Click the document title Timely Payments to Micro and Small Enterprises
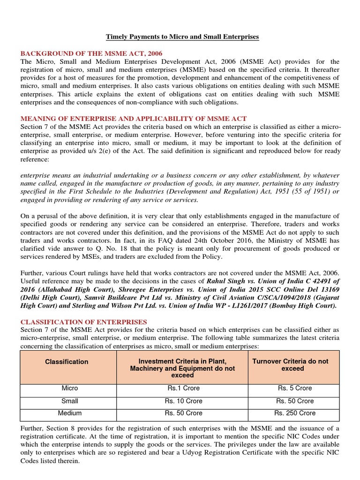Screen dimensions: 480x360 point(181,36)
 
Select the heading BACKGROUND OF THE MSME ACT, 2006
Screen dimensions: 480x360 point(91,53)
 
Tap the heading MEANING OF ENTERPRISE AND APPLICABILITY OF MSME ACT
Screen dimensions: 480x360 point(134,118)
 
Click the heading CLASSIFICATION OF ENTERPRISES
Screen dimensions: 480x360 point(83,322)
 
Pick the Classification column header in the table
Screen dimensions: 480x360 point(66,362)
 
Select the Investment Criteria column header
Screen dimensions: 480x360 point(183,368)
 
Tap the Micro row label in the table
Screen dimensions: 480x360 point(69,388)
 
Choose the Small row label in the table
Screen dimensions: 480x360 point(69,401)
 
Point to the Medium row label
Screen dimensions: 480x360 point(69,413)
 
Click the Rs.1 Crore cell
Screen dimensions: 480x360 point(183,388)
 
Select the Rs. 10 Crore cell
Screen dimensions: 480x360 point(183,401)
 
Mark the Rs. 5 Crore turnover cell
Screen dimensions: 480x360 point(294,388)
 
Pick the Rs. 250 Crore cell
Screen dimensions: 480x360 point(294,413)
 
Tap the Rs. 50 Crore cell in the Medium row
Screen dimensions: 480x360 point(183,413)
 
